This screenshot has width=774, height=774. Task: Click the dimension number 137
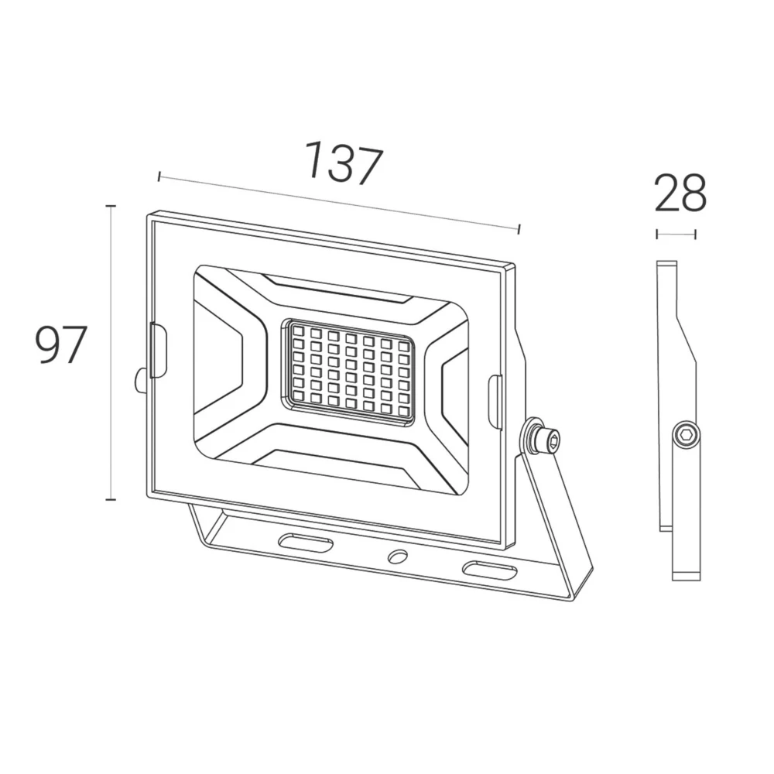[343, 163]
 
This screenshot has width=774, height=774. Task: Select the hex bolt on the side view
[685, 436]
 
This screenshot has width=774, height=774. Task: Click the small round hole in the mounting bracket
[398, 556]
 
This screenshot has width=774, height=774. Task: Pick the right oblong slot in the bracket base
[489, 570]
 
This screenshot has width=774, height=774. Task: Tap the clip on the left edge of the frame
[157, 351]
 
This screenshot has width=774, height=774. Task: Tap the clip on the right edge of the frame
[495, 401]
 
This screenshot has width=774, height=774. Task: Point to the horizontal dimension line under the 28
[676, 234]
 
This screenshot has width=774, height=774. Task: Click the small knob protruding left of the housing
[140, 380]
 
